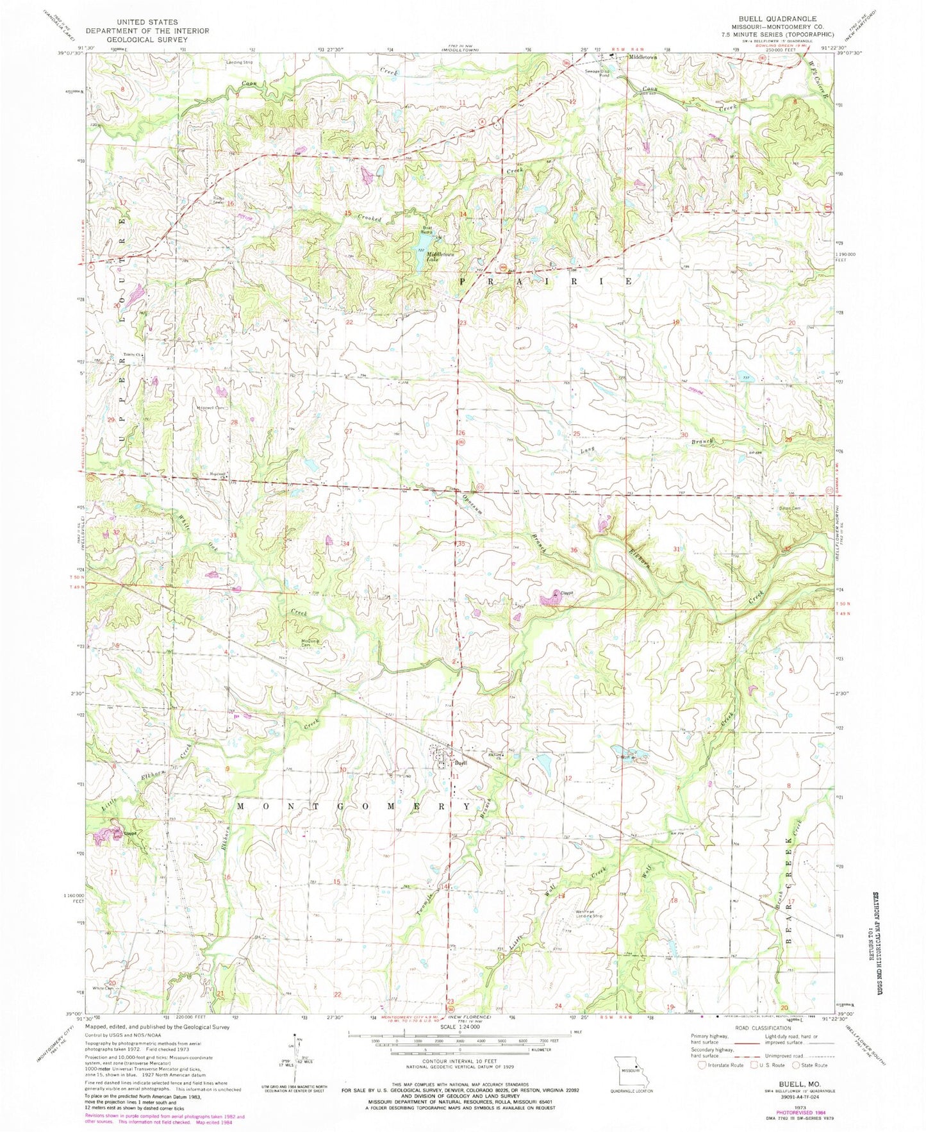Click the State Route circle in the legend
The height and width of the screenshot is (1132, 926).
[x=797, y=1065]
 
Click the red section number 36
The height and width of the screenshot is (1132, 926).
[x=574, y=550]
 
